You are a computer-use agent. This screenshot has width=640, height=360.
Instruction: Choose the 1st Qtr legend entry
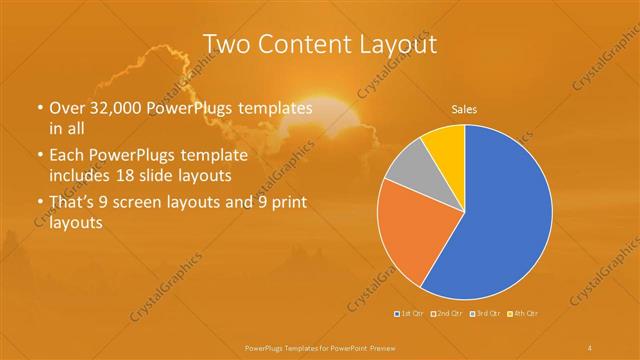coord(411,315)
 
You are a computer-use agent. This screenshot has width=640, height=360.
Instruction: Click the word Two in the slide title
coord(227,44)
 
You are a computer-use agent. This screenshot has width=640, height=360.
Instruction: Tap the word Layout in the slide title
coord(396,44)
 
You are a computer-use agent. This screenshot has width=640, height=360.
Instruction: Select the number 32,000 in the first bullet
coord(118,108)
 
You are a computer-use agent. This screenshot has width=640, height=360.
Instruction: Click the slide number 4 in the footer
coord(590,347)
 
